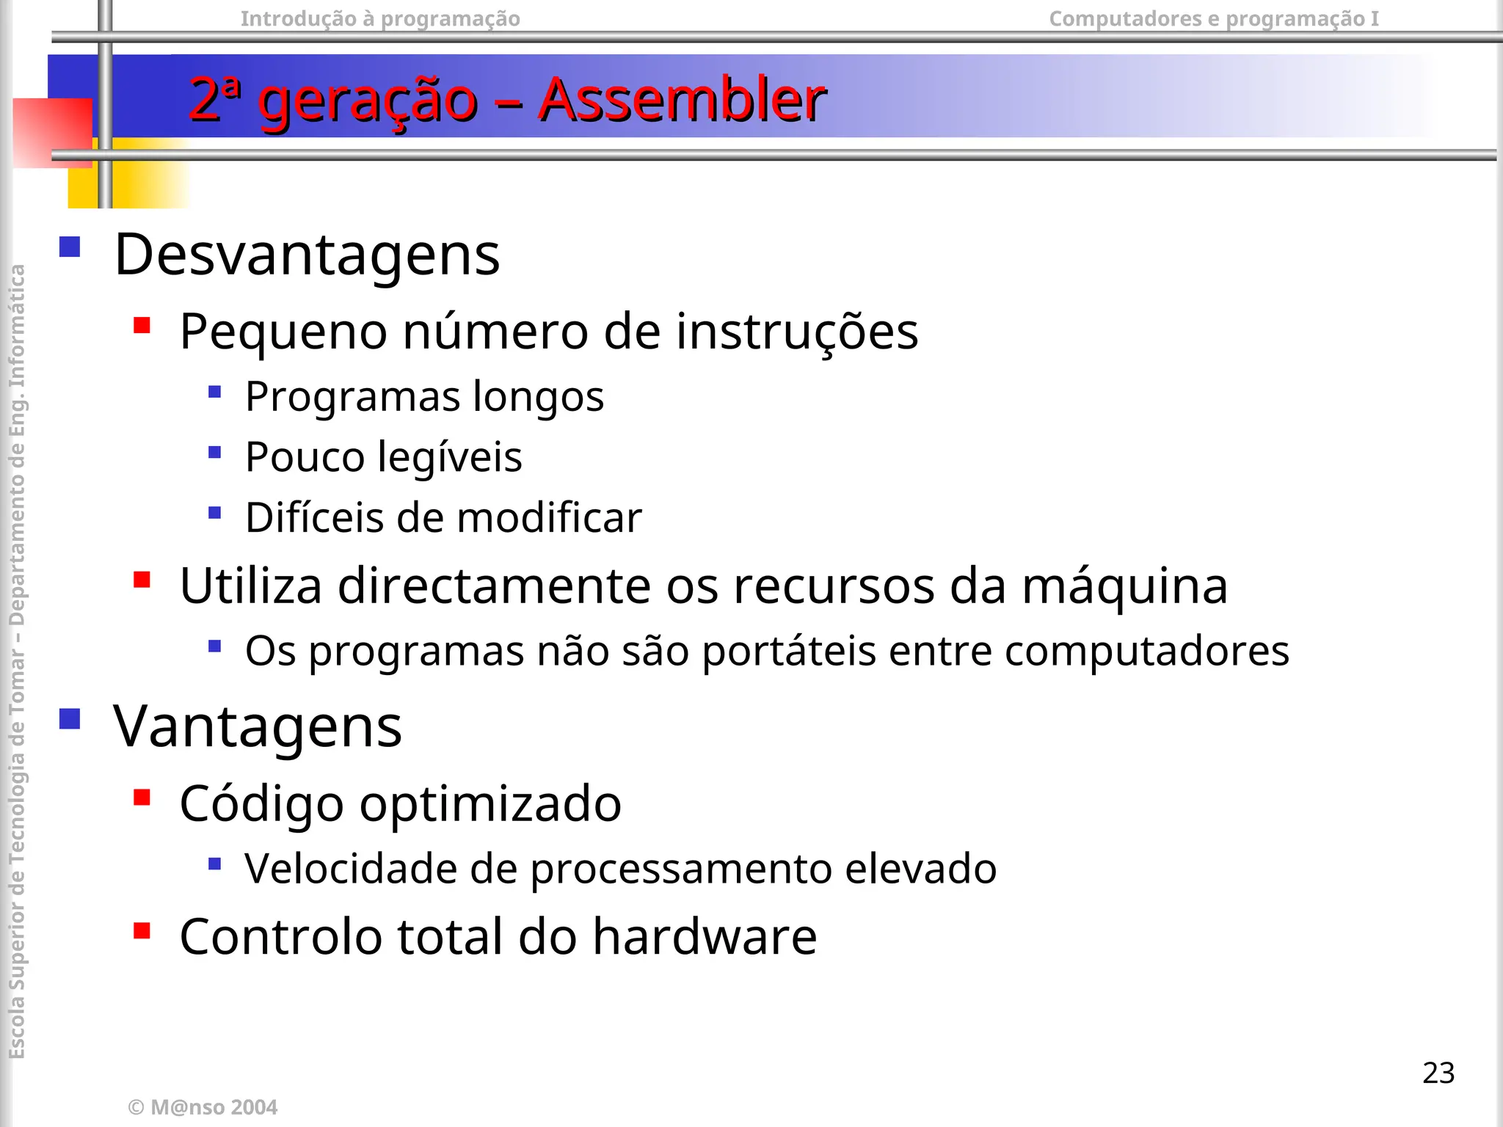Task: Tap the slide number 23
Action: pos(1438,1073)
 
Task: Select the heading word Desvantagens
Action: pos(307,254)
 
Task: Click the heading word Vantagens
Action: pos(258,726)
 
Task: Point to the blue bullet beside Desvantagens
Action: pos(70,247)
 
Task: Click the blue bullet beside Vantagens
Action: pos(70,718)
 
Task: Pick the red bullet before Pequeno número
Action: pos(142,325)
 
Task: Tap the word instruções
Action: pos(796,332)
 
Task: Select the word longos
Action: pos(538,397)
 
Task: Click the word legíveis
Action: pos(450,458)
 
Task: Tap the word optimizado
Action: pos(490,803)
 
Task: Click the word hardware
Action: pos(705,937)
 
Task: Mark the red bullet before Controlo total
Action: pos(142,931)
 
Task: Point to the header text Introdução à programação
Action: pos(380,18)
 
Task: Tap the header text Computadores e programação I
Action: pos(1213,18)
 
